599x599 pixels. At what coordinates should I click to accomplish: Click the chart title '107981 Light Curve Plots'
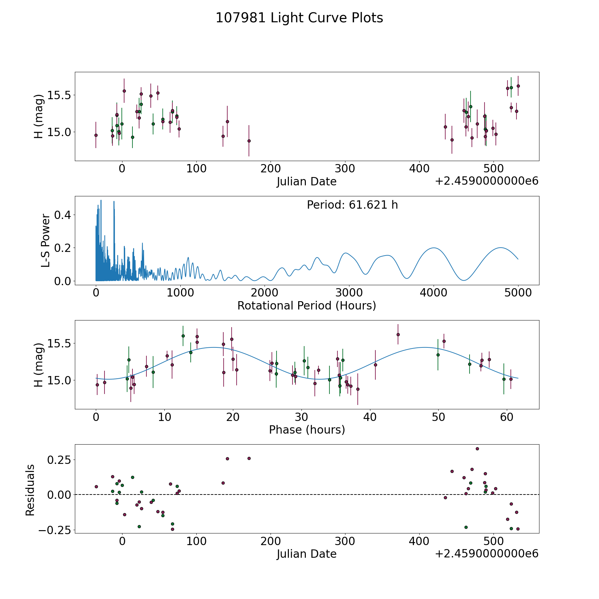coord(299,18)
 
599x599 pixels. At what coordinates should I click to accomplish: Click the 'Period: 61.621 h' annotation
coord(352,205)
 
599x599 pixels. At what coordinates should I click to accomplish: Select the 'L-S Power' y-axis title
coord(46,241)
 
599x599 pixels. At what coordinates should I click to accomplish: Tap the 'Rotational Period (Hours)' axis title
coord(306,305)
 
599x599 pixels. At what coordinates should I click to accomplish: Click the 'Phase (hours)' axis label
coord(306,430)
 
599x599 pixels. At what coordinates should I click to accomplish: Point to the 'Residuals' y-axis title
coord(30,490)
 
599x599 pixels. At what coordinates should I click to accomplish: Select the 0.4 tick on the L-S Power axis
coord(63,215)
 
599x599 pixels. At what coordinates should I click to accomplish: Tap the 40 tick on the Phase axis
coord(370,417)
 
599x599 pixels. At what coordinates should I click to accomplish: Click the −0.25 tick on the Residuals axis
coord(55,530)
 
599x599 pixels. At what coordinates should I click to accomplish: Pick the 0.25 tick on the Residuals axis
coord(59,460)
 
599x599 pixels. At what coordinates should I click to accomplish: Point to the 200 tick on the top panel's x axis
coord(270,169)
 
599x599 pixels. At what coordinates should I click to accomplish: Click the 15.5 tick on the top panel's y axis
coord(60,95)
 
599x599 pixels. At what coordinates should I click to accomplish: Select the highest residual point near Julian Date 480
coord(477,449)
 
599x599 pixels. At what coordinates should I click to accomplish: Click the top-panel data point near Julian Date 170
coord(249,141)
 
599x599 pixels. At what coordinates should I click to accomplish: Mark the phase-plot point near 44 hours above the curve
coord(398,334)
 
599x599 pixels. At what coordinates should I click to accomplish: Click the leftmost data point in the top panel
coord(96,135)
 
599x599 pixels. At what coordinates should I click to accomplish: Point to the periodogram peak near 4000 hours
coord(434,248)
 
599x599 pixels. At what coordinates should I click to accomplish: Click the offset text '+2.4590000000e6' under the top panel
coord(487,181)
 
